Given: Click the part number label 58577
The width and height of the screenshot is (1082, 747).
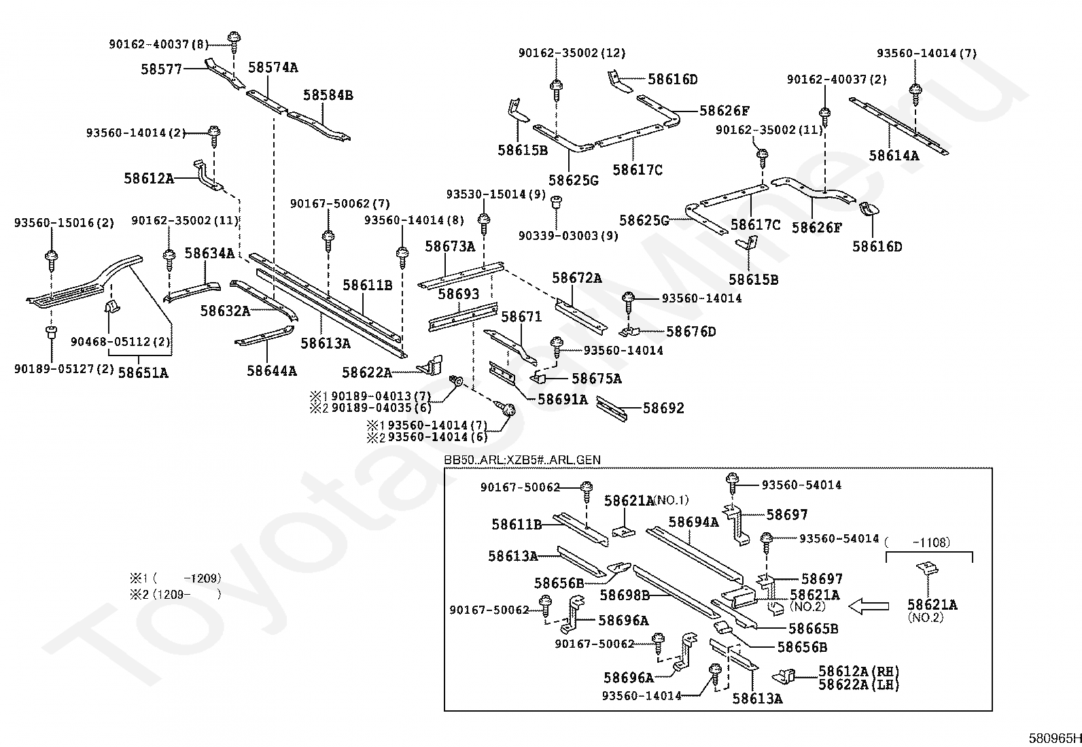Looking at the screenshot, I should point(162,69).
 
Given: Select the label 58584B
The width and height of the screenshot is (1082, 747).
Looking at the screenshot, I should point(328,95).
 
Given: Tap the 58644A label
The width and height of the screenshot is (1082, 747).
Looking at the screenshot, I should point(271,371).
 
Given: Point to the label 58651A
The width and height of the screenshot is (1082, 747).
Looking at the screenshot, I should point(143,372).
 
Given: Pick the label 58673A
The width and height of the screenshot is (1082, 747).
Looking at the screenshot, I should point(450,246).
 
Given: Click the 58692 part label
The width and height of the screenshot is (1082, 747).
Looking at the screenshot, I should point(663,408).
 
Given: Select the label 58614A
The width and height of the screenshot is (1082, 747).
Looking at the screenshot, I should point(893,156).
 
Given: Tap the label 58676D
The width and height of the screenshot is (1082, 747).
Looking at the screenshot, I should point(691,332).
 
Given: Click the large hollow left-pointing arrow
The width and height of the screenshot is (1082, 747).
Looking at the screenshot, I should point(871,605).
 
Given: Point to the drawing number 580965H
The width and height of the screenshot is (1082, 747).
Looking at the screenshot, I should point(1053,738).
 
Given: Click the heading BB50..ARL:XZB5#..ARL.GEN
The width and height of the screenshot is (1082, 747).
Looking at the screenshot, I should point(522,460).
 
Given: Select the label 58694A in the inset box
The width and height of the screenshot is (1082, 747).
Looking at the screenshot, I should point(693,522).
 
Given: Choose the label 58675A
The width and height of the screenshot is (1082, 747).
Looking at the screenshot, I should point(597,379).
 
